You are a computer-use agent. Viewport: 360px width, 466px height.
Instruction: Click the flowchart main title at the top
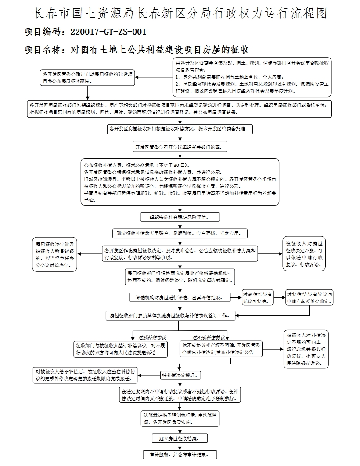[180, 13]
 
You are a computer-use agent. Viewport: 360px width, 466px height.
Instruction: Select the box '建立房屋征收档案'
[180, 438]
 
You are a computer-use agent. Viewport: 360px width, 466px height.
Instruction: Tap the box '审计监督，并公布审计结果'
[180, 454]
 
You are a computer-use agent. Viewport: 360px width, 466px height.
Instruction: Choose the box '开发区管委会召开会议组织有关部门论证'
[180, 146]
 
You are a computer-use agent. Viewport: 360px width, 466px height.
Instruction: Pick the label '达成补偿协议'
[152, 338]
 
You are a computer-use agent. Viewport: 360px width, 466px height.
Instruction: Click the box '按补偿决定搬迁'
[180, 376]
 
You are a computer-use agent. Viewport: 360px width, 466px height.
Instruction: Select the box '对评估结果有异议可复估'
[258, 297]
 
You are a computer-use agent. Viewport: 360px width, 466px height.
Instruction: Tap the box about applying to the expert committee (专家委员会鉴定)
[310, 297]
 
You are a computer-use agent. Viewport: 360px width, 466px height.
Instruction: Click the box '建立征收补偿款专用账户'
[180, 233]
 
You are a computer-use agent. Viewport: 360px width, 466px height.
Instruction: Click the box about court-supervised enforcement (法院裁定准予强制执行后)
[180, 418]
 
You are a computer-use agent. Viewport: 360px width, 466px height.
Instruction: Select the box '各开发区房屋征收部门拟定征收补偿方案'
[180, 129]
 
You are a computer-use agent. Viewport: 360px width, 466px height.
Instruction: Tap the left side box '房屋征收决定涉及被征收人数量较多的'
[55, 253]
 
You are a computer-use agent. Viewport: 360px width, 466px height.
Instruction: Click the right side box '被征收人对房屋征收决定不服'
[304, 253]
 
